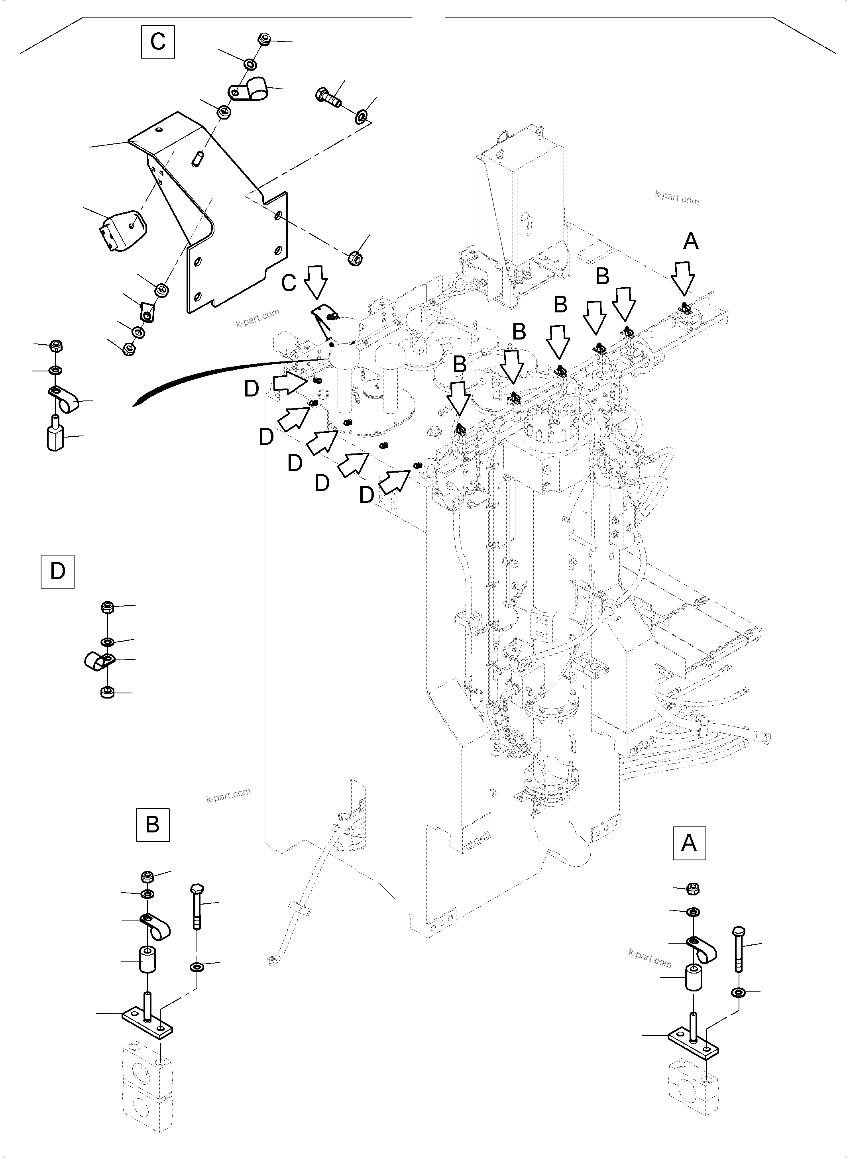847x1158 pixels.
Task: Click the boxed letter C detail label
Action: click(x=158, y=41)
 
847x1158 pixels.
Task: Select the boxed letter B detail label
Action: click(x=152, y=824)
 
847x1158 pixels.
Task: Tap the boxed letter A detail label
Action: click(x=689, y=843)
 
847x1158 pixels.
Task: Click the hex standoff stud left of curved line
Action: click(x=55, y=437)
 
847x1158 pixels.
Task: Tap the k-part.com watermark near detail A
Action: click(x=650, y=957)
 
